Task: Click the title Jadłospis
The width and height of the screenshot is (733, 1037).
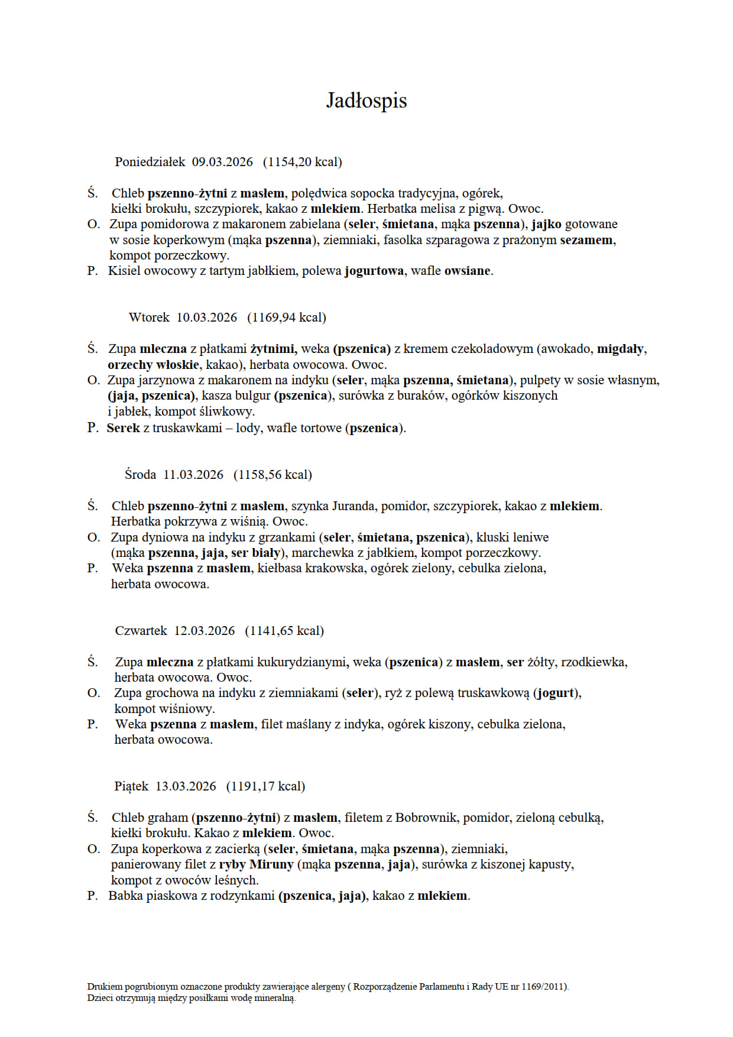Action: pos(367,101)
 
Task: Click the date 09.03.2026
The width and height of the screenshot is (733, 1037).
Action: pos(222,162)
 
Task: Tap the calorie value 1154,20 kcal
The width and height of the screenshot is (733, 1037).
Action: pos(302,162)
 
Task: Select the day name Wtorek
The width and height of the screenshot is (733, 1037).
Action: pos(149,317)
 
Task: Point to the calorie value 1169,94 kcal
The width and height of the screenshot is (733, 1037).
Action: pos(287,317)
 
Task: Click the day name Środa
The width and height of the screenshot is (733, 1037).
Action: pos(140,475)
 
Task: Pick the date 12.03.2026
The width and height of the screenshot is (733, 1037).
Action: pos(205,631)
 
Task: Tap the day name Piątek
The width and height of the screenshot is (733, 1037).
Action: pos(131,786)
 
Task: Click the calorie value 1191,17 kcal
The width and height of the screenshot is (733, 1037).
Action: pos(265,786)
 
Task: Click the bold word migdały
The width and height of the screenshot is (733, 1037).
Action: pos(620,349)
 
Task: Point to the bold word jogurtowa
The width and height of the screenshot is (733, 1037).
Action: pos(374,271)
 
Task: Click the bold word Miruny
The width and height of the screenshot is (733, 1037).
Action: pos(271,864)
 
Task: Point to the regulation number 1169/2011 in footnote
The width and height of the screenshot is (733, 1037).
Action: pos(543,987)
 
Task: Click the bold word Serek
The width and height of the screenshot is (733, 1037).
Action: pos(123,428)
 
